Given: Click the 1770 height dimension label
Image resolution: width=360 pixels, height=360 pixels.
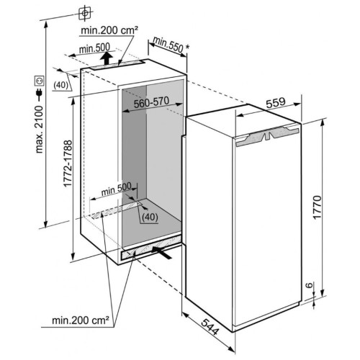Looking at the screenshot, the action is tap(317, 207).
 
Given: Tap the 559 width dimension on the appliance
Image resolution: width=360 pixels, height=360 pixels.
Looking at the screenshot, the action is tap(276, 102).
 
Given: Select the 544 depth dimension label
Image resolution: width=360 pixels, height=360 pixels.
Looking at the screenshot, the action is tap(210, 326).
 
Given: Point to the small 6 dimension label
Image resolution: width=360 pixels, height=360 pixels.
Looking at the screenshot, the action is tap(310, 285).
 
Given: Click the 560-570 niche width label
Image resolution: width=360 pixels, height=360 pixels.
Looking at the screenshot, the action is tap(151, 102).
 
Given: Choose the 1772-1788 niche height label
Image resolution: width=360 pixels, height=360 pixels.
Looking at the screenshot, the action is tap(68, 163).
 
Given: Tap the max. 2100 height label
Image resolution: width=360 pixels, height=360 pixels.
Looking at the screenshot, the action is tap(39, 129).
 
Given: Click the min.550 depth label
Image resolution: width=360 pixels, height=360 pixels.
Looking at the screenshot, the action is tap(168, 45).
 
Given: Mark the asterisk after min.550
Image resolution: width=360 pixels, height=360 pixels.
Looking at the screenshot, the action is tap(187, 47).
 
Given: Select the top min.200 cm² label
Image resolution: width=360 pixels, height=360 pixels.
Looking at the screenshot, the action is tap(109, 30).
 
